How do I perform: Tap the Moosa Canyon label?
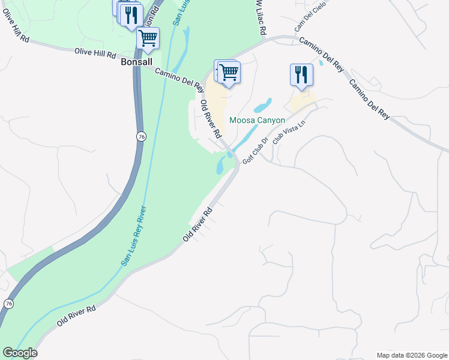[258, 121]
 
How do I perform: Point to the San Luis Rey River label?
[134, 236]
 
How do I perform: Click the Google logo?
[20, 353]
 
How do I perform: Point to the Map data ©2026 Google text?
[412, 355]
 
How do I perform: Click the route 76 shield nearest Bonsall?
[140, 136]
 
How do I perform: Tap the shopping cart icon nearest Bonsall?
[148, 38]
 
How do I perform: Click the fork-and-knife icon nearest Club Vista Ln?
[301, 75]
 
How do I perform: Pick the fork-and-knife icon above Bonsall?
[131, 14]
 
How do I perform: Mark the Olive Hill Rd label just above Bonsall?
[95, 53]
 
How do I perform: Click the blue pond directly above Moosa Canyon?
[263, 106]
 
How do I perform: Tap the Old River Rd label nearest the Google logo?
[76, 315]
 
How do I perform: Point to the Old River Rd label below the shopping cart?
[211, 118]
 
